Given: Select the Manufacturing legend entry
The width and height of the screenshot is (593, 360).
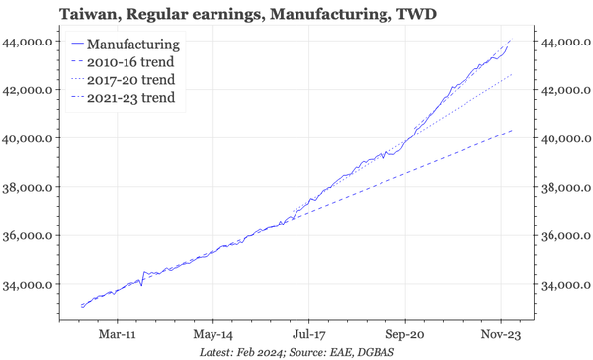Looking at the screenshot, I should coord(133,45).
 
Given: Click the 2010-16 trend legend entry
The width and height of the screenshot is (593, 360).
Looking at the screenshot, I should coord(130,63).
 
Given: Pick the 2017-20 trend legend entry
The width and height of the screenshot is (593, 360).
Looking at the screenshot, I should coord(130,80).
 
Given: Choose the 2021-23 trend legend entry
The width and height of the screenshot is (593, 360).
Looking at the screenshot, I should coord(130,98).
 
